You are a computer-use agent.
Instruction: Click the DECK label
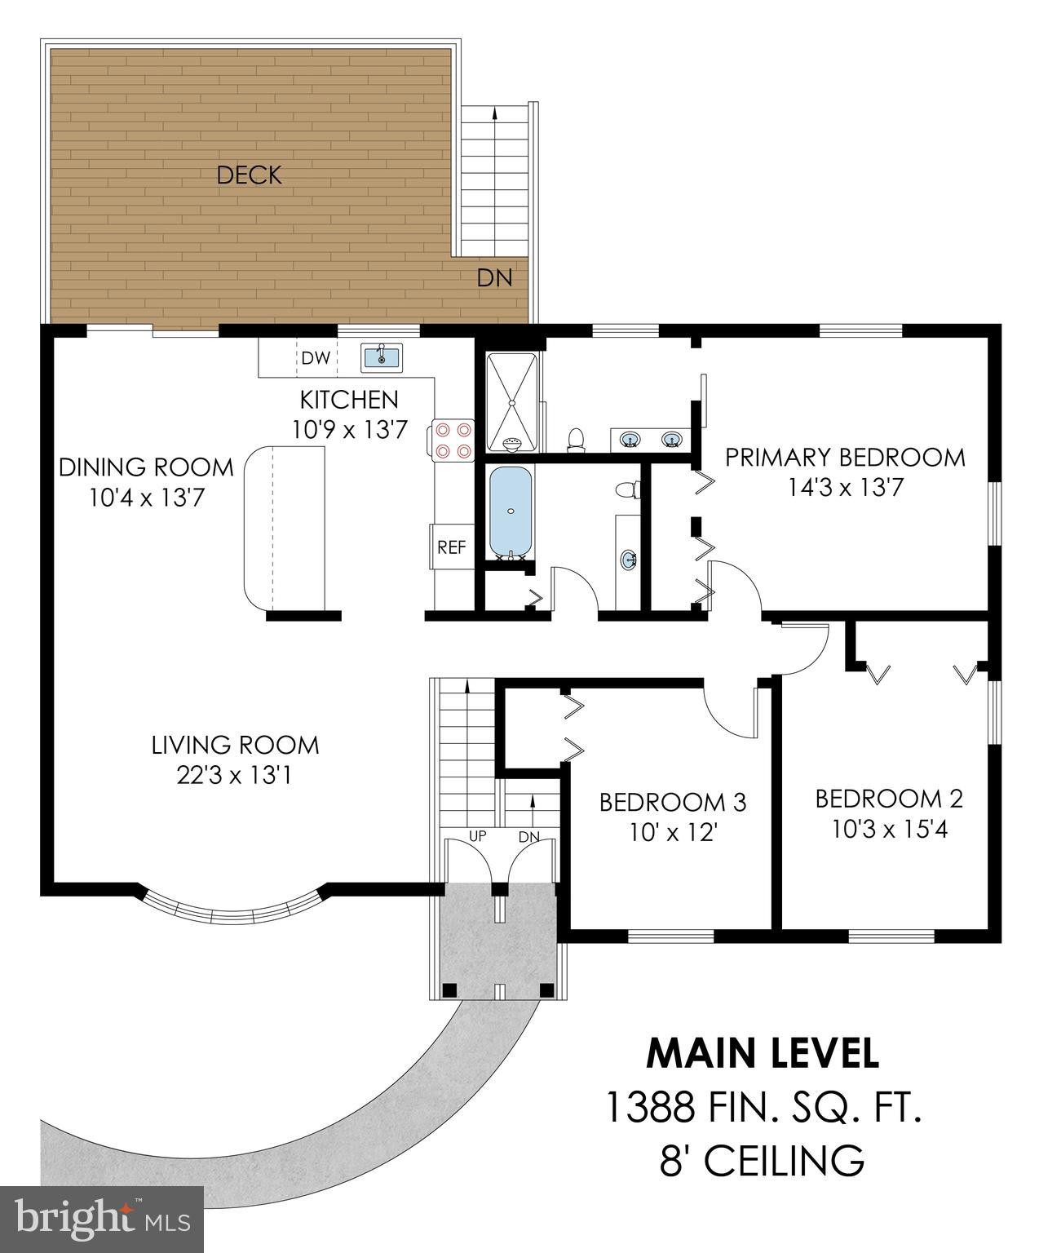(249, 175)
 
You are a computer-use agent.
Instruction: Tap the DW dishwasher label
(316, 358)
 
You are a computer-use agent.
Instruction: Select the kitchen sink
(382, 356)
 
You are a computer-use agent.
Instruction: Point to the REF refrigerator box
(451, 547)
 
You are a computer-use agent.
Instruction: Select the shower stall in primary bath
(511, 401)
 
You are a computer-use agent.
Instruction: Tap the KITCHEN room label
(349, 400)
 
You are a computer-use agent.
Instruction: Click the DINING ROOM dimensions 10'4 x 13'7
(146, 497)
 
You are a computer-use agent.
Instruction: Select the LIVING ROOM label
(235, 745)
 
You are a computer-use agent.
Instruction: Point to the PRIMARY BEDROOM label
(845, 457)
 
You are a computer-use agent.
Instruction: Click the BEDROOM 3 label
(672, 803)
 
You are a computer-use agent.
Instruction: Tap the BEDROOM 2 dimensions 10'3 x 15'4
(889, 830)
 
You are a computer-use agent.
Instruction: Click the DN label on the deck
(494, 278)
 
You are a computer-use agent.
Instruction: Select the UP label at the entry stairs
(478, 836)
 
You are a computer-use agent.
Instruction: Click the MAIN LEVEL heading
(763, 1053)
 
